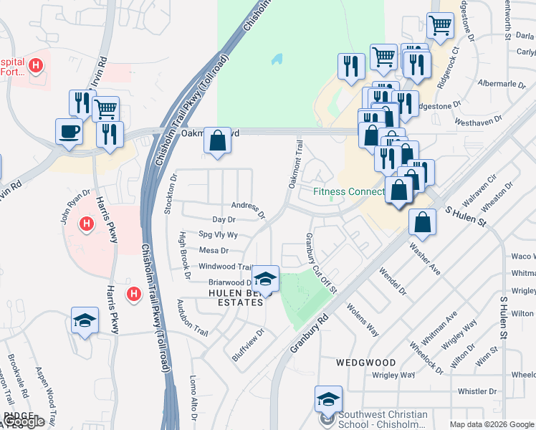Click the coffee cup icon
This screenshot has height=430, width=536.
[69, 131]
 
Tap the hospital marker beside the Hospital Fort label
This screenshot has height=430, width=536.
[35, 67]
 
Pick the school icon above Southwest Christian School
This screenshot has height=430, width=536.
[328, 399]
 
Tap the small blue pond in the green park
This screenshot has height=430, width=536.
[277, 59]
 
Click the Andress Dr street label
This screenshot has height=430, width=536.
[248, 209]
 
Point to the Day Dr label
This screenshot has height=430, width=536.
[224, 220]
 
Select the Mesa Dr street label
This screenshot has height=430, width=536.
[214, 251]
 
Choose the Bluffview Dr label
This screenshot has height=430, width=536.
[249, 344]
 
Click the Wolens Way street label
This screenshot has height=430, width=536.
[363, 320]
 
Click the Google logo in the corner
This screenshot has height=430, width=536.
[24, 421]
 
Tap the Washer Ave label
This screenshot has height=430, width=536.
[424, 259]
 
